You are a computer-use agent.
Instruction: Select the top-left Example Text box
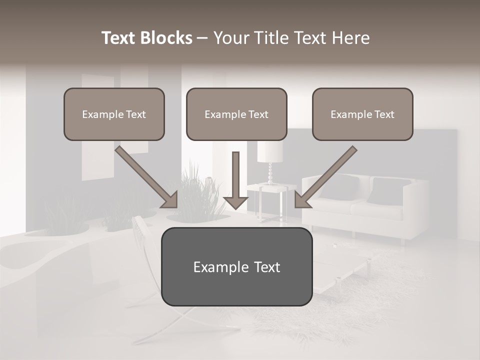click(114, 114)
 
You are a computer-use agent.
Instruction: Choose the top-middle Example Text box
click(236, 114)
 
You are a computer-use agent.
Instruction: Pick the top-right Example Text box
click(362, 114)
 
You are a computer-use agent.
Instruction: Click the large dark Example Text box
click(236, 266)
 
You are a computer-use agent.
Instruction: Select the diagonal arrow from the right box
click(325, 177)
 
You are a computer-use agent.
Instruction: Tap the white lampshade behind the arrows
click(270, 151)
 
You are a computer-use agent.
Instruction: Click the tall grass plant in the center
click(197, 192)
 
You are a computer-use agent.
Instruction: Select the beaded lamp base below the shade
click(270, 174)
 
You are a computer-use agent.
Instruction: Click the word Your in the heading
click(231, 38)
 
